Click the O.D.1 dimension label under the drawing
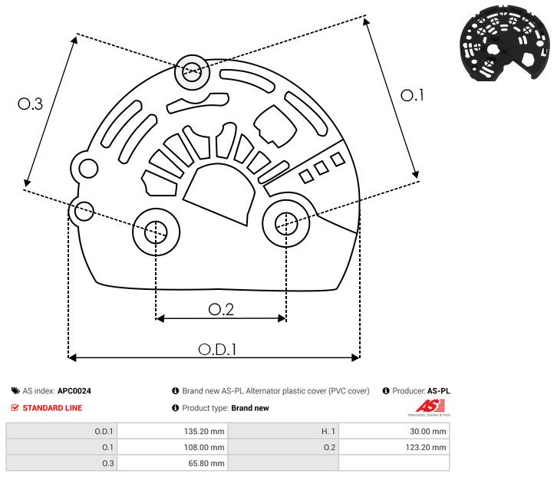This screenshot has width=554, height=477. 217,348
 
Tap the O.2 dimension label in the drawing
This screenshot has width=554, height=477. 221,309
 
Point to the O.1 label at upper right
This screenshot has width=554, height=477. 412,95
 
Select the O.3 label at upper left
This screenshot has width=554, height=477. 30,104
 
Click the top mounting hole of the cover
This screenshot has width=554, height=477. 191,74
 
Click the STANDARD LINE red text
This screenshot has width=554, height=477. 52,408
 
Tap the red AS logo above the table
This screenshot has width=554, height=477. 426,406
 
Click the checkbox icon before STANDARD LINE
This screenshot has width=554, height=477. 15,408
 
